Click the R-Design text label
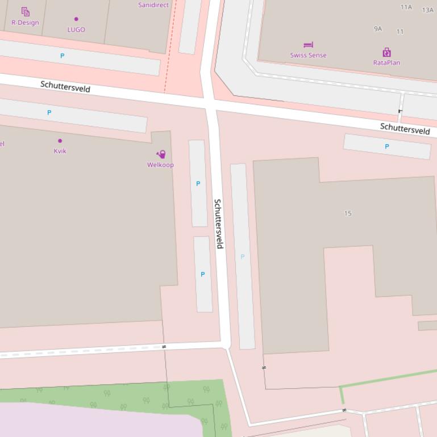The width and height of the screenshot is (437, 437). pyautogui.click(x=25, y=23)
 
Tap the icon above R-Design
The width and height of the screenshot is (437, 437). pyautogui.click(x=25, y=11)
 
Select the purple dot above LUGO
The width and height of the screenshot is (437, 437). pyautogui.click(x=76, y=19)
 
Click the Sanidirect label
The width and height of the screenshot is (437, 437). pyautogui.click(x=153, y=5)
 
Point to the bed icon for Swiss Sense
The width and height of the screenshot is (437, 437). pyautogui.click(x=308, y=45)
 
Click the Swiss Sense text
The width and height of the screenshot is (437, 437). pyautogui.click(x=308, y=55)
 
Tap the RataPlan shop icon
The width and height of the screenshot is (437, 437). pyautogui.click(x=386, y=53)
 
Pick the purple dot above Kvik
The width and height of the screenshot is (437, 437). pyautogui.click(x=60, y=141)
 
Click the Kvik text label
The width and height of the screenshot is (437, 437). pyautogui.click(x=60, y=151)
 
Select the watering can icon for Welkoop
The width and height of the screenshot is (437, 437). pyautogui.click(x=161, y=154)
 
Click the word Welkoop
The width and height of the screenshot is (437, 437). pyautogui.click(x=160, y=165)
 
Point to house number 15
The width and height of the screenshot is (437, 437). pyautogui.click(x=348, y=213)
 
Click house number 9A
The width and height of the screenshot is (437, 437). pyautogui.click(x=378, y=28)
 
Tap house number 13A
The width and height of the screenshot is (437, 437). pyautogui.click(x=427, y=10)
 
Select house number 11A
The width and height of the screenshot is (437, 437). pyautogui.click(x=406, y=7)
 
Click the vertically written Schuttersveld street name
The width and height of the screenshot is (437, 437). pyautogui.click(x=218, y=224)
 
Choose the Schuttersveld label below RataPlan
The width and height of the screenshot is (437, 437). pyautogui.click(x=405, y=128)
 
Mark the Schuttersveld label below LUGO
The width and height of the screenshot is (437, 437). pyautogui.click(x=65, y=86)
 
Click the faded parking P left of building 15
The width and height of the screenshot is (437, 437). pyautogui.click(x=243, y=257)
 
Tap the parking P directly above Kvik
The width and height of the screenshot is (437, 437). pyautogui.click(x=49, y=112)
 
